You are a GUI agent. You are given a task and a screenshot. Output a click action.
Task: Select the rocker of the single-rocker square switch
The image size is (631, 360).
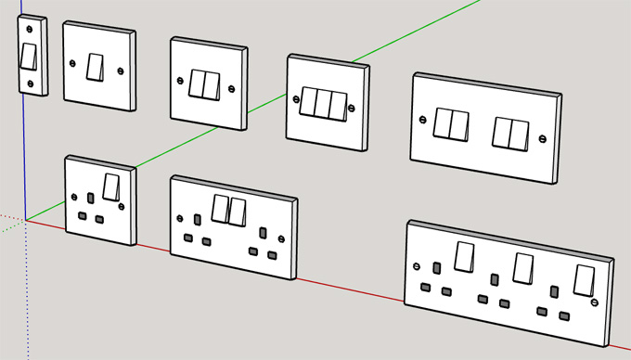(x=96, y=67)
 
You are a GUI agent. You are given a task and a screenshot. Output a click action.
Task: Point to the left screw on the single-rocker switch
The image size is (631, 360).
(x=73, y=62)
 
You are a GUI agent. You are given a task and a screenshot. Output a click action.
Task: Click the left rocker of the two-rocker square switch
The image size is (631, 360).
(x=198, y=84)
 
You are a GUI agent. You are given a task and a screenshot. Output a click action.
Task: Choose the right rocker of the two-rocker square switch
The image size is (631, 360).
(x=212, y=85)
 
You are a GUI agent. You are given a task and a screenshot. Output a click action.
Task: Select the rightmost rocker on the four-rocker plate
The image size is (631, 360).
(x=520, y=135)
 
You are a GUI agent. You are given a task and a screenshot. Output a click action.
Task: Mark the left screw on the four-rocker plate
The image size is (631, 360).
(x=423, y=118)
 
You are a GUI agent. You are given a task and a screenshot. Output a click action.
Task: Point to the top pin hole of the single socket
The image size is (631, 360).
(x=90, y=199)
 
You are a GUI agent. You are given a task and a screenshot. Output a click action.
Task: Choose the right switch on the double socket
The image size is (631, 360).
(x=238, y=212)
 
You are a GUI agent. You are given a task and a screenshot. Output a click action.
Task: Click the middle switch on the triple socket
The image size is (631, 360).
(x=523, y=268)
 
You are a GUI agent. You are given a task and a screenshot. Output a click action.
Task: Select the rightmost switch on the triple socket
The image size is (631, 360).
(x=584, y=280)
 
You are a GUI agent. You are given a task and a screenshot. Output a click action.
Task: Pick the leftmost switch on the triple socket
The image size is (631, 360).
(x=463, y=255)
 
